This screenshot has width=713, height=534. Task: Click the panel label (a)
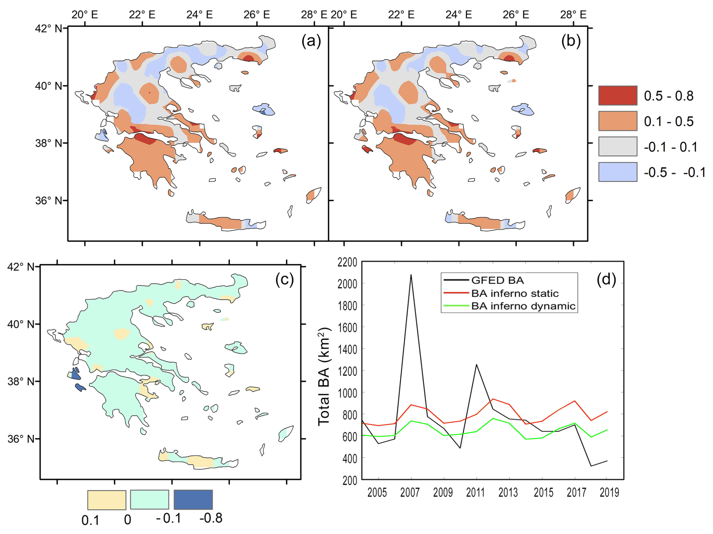tap(311, 41)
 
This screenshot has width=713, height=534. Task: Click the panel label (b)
tap(571, 41)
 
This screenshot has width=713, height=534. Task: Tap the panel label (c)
tap(285, 280)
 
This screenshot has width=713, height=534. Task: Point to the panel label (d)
tap(606, 280)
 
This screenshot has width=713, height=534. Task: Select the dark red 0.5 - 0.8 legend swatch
tap(617, 96)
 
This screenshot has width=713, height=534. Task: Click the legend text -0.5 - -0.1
tap(674, 173)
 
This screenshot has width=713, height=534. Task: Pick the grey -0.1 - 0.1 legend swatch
tap(617, 147)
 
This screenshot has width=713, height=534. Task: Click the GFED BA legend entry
tap(497, 280)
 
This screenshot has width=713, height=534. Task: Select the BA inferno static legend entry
tap(514, 293)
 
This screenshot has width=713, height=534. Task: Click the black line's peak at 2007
tap(411, 275)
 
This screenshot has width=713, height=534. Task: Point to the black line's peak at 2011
tap(476, 364)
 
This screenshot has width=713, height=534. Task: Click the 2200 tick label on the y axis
tap(347, 262)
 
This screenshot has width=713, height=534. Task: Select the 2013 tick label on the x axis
tap(508, 493)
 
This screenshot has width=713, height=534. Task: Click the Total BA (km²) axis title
tap(324, 376)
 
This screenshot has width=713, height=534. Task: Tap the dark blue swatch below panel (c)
tap(193, 500)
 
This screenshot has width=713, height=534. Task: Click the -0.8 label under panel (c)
tap(211, 518)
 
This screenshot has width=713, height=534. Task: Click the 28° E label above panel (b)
tap(573, 15)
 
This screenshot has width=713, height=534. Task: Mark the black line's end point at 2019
tap(607, 461)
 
